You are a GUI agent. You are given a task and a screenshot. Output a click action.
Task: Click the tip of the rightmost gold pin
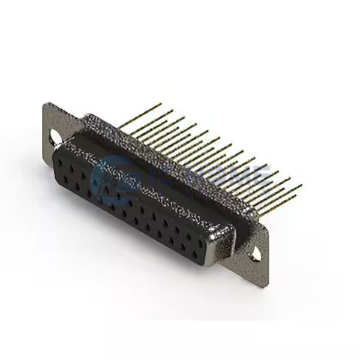pos(300,185)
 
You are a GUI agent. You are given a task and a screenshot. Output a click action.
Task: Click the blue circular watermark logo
pos(112,178)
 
